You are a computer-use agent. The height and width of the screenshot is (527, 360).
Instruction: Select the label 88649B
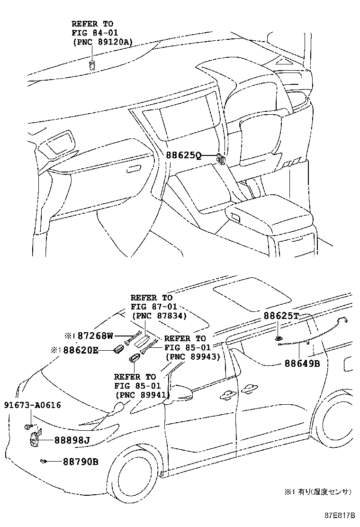pyautogui.click(x=302, y=363)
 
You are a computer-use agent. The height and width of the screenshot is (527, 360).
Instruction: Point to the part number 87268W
pyautogui.click(x=95, y=336)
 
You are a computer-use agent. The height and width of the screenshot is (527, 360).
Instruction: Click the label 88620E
pyautogui.click(x=80, y=351)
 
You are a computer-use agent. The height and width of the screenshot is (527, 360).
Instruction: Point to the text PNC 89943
pyautogui.click(x=192, y=356)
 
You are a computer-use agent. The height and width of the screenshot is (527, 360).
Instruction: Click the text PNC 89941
pyautogui.click(x=142, y=395)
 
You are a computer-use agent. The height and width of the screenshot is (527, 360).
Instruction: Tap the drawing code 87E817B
pyautogui.click(x=339, y=515)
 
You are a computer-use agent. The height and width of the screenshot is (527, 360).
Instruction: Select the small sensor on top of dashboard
pyautogui.click(x=92, y=64)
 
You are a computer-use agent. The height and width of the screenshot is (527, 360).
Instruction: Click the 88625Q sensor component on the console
pyautogui.click(x=221, y=158)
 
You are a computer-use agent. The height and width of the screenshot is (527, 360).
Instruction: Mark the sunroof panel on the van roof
pyautogui.click(x=252, y=293)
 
